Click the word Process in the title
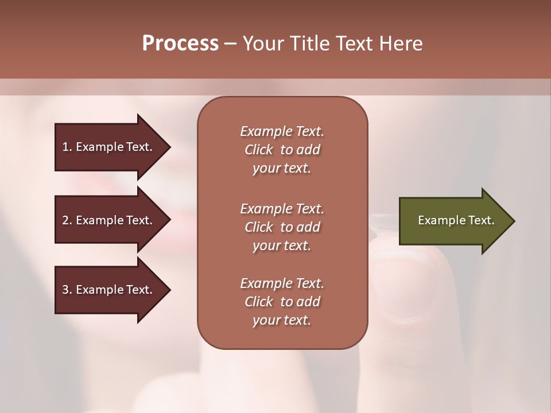(180, 44)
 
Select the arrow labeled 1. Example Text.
(109, 147)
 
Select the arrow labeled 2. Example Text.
(109, 220)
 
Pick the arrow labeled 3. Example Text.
(109, 290)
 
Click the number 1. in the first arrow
(67, 147)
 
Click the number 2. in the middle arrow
(67, 220)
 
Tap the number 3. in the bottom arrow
(67, 290)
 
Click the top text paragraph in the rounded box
(282, 150)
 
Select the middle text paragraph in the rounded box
(282, 227)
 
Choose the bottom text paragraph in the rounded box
(282, 302)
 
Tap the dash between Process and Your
(230, 44)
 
